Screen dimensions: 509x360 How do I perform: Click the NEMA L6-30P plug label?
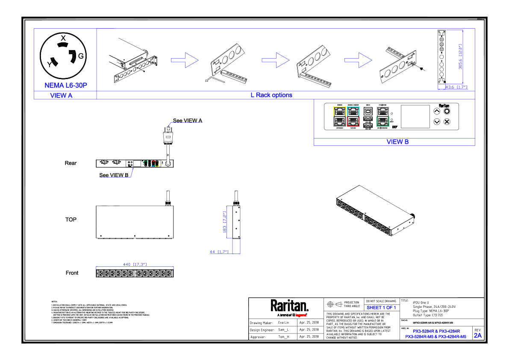coord(66,86)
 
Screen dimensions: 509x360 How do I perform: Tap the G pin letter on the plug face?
coord(81,56)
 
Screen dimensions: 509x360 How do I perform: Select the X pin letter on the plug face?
coord(63,38)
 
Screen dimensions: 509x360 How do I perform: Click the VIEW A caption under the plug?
coord(61,96)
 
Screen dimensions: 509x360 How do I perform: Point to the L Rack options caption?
coord(271,95)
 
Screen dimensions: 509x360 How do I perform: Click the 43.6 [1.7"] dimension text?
coord(456,87)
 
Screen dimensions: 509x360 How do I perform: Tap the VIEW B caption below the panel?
coord(397,142)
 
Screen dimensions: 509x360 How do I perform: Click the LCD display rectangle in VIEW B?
coord(415,116)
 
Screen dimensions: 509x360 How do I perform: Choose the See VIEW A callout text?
coord(188,121)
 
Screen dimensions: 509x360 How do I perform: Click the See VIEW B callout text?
coord(114,175)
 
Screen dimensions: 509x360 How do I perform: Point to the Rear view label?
coord(71,163)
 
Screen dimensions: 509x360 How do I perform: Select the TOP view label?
coord(71,219)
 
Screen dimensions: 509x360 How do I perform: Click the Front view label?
coord(72,273)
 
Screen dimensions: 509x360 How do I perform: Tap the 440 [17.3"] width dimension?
coord(135,265)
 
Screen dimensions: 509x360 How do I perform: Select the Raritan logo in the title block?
coord(289,306)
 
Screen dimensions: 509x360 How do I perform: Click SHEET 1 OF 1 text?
coord(382,308)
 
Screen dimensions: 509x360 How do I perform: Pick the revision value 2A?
coord(477,336)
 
